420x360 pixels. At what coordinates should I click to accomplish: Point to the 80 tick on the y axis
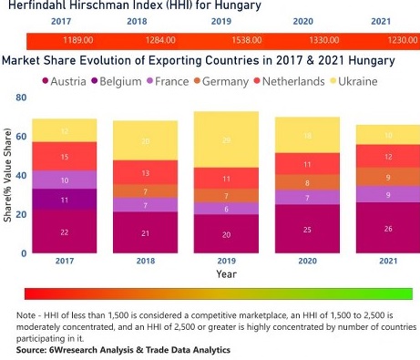click(x=21, y=96)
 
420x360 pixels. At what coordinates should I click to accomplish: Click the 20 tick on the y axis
click(x=21, y=213)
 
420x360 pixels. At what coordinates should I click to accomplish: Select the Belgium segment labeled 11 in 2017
click(x=64, y=200)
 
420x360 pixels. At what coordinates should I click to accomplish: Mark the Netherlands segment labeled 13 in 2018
click(x=146, y=172)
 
